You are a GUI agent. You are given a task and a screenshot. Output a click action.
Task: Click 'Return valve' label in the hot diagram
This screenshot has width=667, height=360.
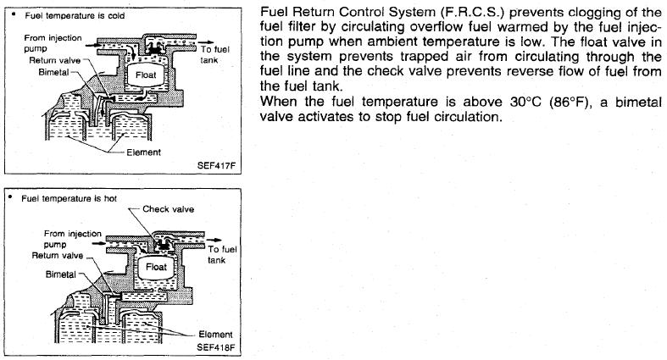pyautogui.click(x=58, y=254)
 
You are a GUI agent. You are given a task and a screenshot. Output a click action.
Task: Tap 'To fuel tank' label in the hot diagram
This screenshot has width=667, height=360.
pyautogui.click(x=222, y=254)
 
